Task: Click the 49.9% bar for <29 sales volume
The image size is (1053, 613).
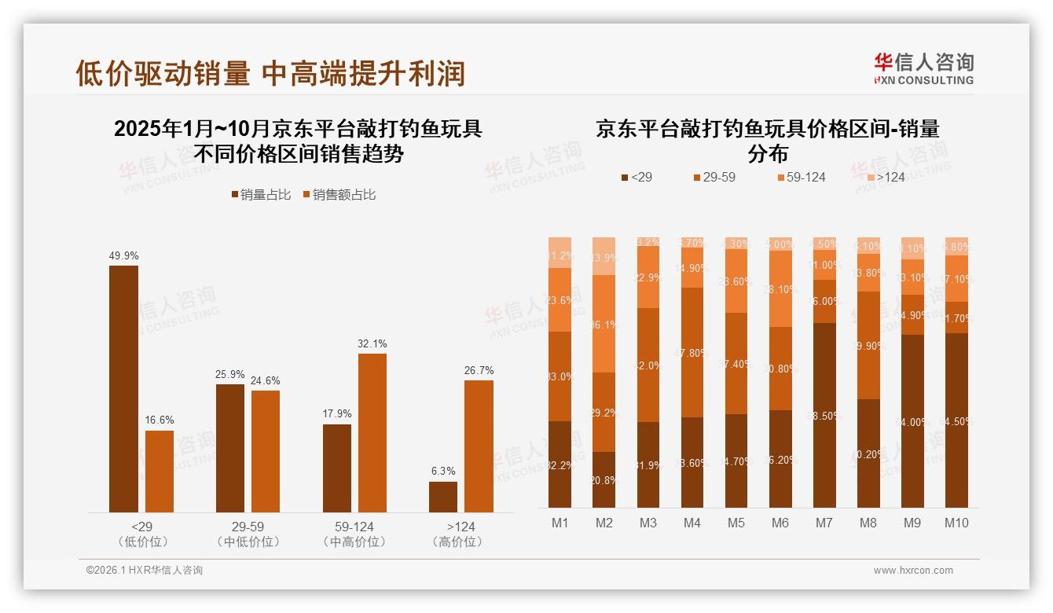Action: tap(123, 389)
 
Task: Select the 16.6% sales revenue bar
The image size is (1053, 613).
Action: tap(160, 472)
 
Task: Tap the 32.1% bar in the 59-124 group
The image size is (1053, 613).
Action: tap(372, 433)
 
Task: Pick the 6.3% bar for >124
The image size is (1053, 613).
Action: tap(443, 497)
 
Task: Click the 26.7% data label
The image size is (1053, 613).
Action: tap(479, 370)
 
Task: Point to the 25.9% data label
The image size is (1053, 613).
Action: tap(230, 374)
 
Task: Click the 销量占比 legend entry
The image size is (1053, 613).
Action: tap(262, 195)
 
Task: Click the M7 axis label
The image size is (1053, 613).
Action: tap(824, 523)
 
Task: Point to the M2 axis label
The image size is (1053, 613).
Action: tap(604, 523)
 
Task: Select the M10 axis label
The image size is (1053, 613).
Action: tap(956, 523)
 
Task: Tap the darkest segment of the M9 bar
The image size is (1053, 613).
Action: tap(912, 421)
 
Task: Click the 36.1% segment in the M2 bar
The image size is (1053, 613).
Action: tap(604, 324)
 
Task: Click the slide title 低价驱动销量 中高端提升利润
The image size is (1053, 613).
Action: tap(270, 73)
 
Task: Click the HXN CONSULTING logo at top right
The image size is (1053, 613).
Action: tap(923, 68)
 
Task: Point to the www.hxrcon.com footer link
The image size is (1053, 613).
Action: tap(913, 571)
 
